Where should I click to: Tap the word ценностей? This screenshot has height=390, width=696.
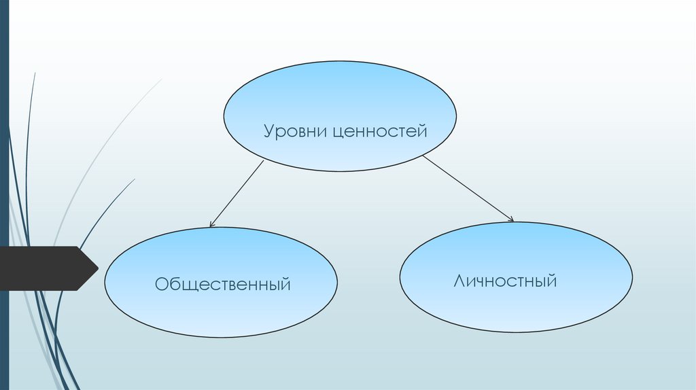(380, 131)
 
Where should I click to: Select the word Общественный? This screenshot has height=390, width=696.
(222, 283)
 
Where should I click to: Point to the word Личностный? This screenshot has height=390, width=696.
(505, 280)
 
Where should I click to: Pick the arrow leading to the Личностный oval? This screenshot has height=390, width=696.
(468, 188)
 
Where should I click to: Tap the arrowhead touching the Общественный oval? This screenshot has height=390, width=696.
(211, 224)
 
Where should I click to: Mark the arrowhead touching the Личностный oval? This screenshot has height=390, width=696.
(510, 219)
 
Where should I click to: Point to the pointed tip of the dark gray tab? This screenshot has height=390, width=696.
(97, 268)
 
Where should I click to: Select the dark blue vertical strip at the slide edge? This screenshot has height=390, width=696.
(4, 195)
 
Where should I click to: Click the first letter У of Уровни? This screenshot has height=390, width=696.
(269, 131)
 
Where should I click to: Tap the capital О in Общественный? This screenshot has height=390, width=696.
(161, 283)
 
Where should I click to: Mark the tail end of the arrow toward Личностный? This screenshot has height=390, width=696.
(423, 156)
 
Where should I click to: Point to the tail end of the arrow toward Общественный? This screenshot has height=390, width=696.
(263, 161)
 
